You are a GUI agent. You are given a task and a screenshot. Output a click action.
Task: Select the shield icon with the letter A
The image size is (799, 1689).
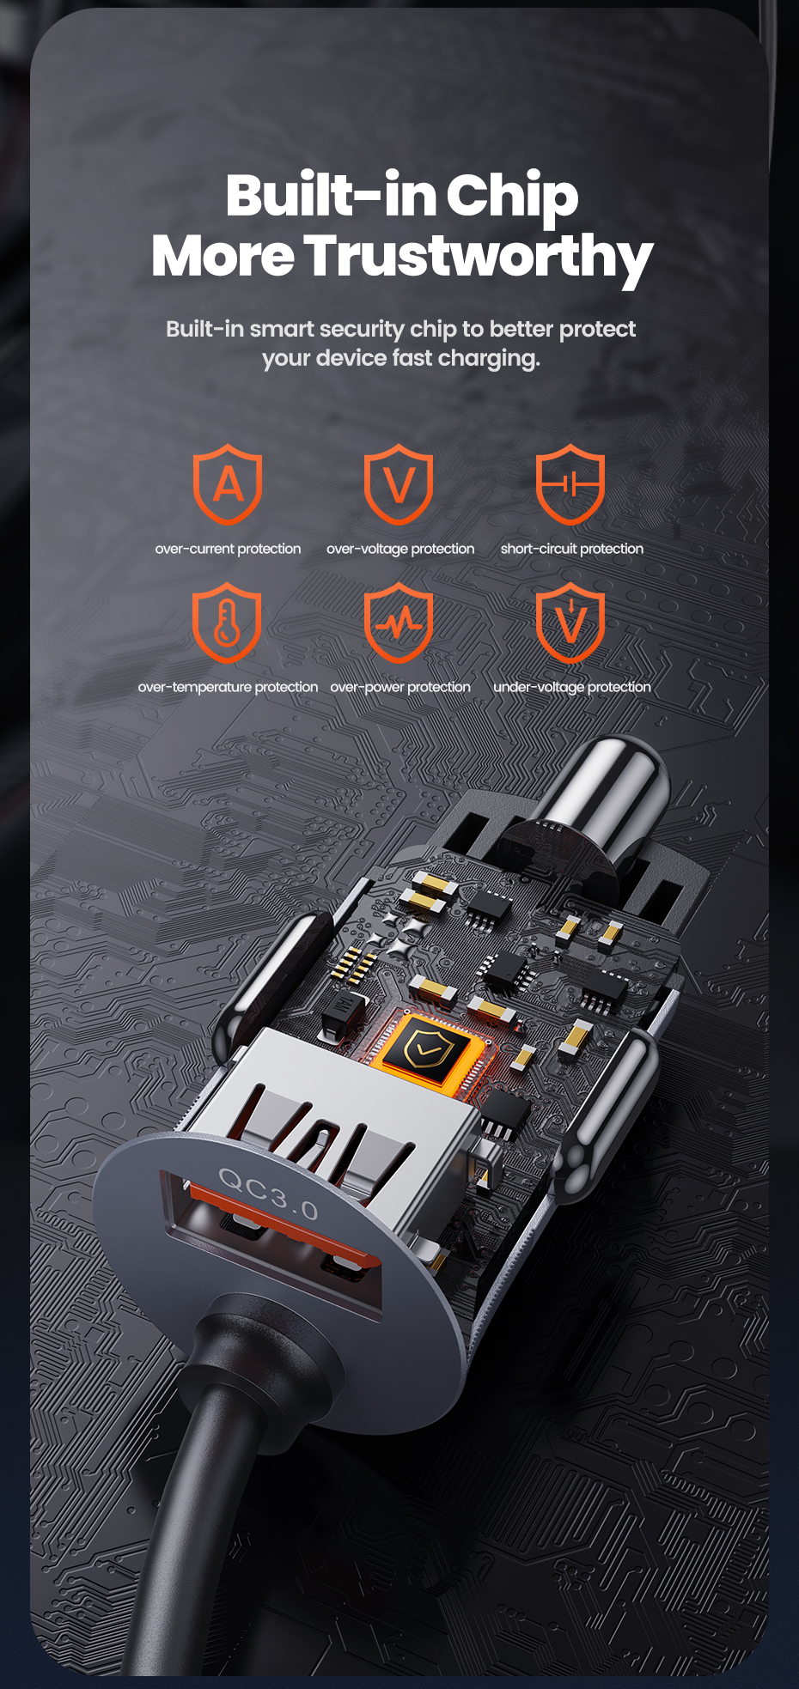pyautogui.click(x=227, y=484)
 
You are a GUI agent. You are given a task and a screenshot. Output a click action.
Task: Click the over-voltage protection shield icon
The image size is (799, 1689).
pyautogui.click(x=399, y=484)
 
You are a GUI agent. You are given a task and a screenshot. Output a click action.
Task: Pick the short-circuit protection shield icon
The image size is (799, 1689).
pyautogui.click(x=570, y=484)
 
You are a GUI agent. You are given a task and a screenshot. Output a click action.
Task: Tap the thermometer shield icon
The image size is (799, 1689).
pyautogui.click(x=227, y=623)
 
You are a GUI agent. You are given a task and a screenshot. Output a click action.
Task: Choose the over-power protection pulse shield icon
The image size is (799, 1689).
pyautogui.click(x=399, y=623)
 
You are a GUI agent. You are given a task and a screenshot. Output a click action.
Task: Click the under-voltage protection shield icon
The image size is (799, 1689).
pyautogui.click(x=570, y=623)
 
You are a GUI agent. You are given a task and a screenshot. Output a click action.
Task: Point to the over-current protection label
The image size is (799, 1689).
pyautogui.click(x=228, y=549)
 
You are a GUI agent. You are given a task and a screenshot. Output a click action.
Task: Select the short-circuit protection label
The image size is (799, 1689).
pyautogui.click(x=572, y=549)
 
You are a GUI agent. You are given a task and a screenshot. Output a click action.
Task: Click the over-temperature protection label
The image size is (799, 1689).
pyautogui.click(x=228, y=687)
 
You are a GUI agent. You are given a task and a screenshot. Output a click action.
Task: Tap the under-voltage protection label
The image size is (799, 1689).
pyautogui.click(x=572, y=687)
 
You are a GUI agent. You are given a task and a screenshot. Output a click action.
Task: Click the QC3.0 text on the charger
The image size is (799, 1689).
pyautogui.click(x=268, y=1193)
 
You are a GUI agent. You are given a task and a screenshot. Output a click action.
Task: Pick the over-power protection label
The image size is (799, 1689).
pyautogui.click(x=400, y=687)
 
